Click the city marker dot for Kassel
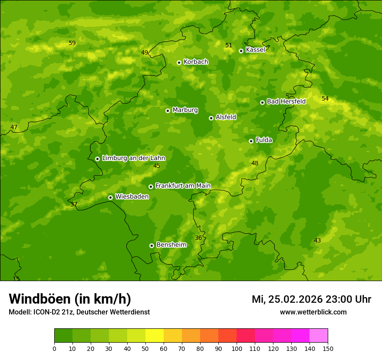[x=241, y=51]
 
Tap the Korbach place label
[x=196, y=62]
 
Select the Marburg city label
[x=185, y=110]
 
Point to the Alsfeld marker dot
[x=211, y=118]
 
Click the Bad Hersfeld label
[x=286, y=101]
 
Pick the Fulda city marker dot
[x=251, y=141]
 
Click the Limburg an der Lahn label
[x=133, y=158]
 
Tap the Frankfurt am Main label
[x=183, y=186]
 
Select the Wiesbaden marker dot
[x=110, y=197]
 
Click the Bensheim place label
[x=171, y=245]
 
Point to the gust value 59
[x=72, y=43]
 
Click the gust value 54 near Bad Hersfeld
[x=325, y=99]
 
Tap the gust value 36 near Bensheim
[x=198, y=238]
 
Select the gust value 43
[x=317, y=241]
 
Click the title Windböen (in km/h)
[x=70, y=299]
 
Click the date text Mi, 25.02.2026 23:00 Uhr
[x=311, y=299]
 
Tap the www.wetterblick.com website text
[x=313, y=312]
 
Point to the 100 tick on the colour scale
[x=237, y=348]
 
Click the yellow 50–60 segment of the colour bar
[x=155, y=336]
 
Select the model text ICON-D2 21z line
[x=79, y=312]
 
